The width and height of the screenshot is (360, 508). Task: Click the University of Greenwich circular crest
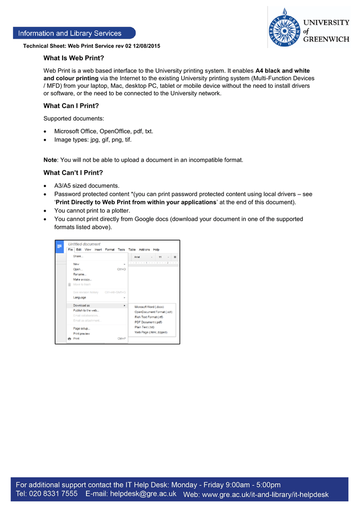[285, 27]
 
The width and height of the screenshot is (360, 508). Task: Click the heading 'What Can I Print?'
[72, 106]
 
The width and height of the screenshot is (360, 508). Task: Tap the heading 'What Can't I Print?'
[73, 173]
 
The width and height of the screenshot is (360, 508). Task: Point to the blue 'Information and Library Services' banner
[74, 33]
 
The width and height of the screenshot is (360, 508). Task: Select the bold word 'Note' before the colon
[50, 160]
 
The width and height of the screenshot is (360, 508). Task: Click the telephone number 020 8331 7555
[54, 494]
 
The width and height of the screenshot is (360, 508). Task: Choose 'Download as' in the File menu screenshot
[81, 306]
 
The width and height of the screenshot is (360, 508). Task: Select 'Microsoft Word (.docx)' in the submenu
[149, 307]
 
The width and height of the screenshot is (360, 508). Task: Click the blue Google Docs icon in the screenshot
[60, 246]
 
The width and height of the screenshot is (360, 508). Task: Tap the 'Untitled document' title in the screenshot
[84, 244]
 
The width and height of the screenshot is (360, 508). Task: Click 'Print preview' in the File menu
[82, 334]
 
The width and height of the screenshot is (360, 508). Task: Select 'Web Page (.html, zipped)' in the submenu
[151, 332]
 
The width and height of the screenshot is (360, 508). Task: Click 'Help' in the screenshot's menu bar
[156, 250]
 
